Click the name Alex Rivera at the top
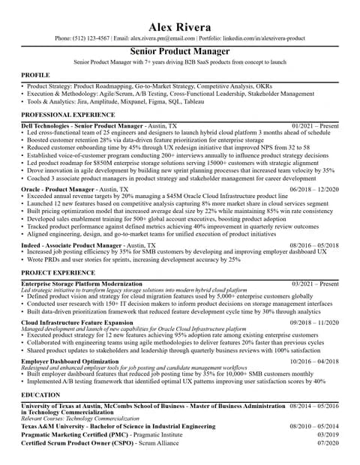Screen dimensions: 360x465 180,27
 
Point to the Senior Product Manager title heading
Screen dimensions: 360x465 180,51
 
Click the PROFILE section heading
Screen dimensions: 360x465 35,76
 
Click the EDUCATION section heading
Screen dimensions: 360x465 40,394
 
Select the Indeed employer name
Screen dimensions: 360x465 32,245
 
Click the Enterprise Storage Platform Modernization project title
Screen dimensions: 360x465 81,284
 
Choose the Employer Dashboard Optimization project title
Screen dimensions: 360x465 70,361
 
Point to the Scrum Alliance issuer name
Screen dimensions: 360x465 157,443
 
